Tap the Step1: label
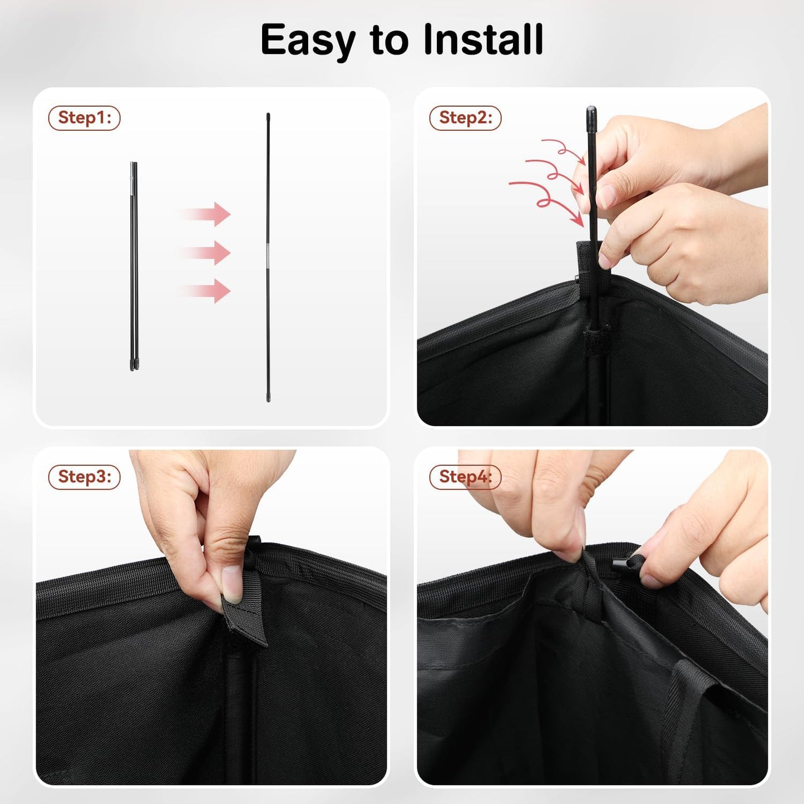(x=84, y=118)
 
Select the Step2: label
(x=465, y=118)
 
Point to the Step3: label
(x=84, y=477)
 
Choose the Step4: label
(x=465, y=477)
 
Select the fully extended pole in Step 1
(x=268, y=257)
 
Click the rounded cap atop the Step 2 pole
(x=591, y=112)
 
